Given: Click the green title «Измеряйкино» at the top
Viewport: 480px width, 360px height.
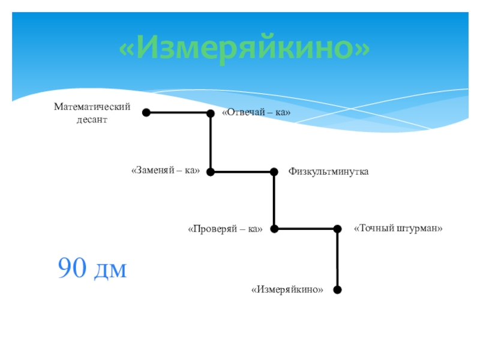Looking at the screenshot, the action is pos(244,49).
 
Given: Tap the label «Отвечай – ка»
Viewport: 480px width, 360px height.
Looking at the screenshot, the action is pos(256,113).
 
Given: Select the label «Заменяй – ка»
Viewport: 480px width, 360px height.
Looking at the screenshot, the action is pos(165,171).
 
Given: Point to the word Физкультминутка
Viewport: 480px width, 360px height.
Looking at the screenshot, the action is pos(328,172).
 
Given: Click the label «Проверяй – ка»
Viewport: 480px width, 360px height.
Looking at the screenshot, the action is pos(225,229).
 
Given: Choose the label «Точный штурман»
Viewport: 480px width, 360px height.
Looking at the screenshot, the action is pos(398,228).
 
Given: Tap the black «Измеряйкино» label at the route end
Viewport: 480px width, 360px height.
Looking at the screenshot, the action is pos(287,290).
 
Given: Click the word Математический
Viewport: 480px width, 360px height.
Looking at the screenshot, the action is pos(92,106).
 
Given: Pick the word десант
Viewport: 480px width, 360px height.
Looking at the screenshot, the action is pos(92,119).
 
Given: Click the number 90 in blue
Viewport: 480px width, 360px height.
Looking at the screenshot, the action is pos(72,268).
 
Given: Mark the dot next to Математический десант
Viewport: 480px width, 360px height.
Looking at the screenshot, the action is pos(146,112).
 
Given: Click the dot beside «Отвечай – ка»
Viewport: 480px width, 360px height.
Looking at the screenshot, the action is pos(211,113).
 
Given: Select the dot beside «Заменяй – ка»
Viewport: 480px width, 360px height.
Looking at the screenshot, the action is pos(211,172).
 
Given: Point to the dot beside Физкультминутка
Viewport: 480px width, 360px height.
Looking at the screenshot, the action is pos(274,172).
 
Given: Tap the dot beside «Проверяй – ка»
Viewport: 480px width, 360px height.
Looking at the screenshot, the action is pos(274,229).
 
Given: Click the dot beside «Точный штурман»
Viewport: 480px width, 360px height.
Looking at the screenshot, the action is pos(337,229).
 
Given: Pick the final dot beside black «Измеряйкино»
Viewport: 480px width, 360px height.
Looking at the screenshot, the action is pos(337,290).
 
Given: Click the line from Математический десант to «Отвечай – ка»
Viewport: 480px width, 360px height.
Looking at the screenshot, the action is pos(178,112).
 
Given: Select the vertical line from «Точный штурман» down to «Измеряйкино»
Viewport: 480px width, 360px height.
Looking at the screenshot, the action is pos(337,259).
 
